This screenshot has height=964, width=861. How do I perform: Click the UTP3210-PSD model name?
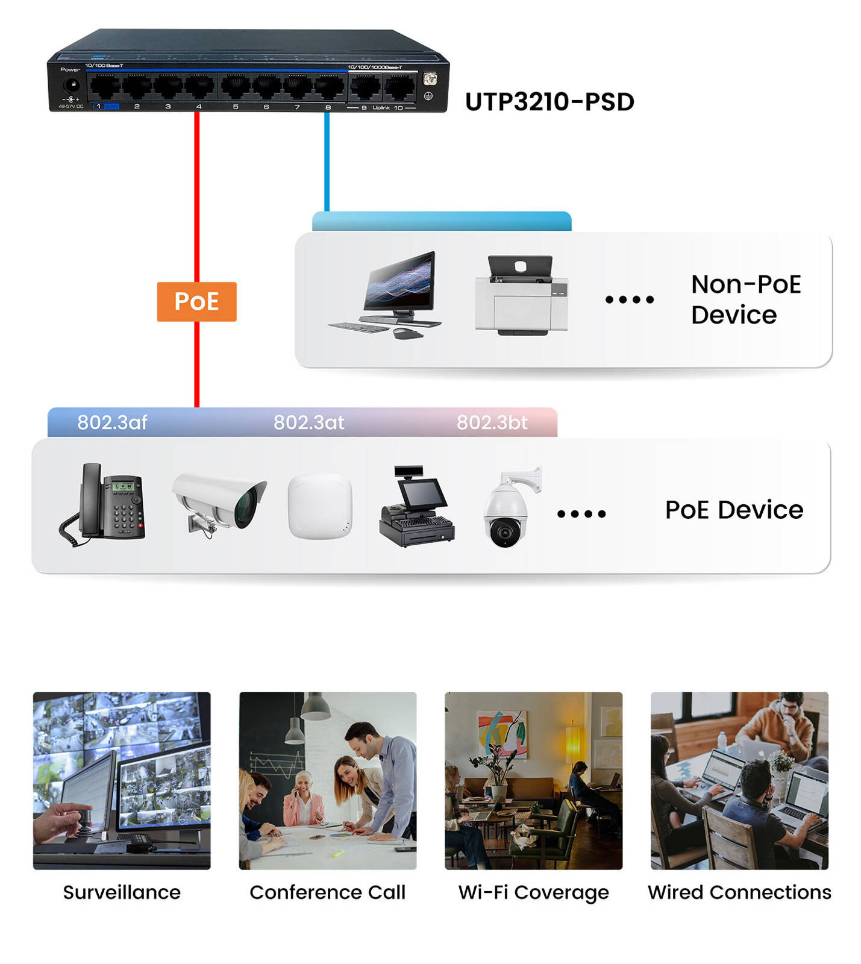[x=549, y=102]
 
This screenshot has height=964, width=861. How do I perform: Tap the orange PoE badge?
[x=196, y=301]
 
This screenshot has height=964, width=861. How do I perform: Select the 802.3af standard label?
[x=112, y=422]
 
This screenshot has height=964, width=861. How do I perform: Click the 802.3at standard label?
[x=308, y=422]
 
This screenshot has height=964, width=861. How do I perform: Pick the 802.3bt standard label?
[x=492, y=422]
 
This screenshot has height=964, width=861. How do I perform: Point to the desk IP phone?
[x=104, y=504]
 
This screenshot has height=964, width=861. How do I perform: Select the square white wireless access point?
[x=320, y=506]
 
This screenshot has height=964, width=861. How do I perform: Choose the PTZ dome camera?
[x=510, y=509]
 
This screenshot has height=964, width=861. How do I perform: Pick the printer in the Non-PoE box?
[x=521, y=295]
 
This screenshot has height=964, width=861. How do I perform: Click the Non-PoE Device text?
[x=745, y=299]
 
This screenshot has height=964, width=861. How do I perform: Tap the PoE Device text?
[x=734, y=510]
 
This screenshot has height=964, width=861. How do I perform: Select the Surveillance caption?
[x=122, y=892]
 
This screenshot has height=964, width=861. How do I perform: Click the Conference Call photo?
[x=328, y=780]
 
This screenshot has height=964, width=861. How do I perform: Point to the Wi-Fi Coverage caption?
[x=533, y=892]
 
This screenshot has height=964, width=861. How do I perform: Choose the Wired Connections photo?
[x=739, y=780]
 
